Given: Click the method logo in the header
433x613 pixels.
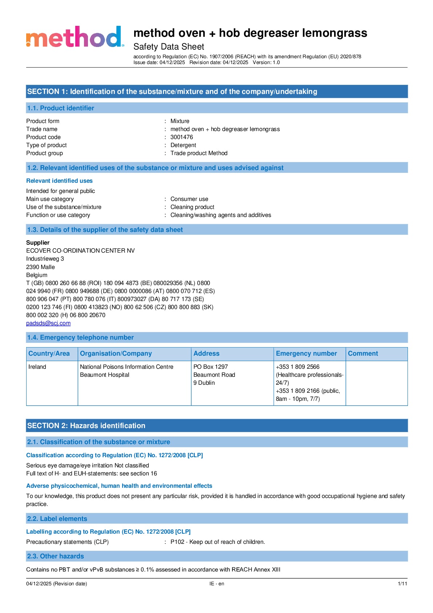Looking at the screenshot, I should point(75,37).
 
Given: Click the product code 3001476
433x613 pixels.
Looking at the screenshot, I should point(181,137).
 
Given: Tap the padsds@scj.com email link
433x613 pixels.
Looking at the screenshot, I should point(48,323).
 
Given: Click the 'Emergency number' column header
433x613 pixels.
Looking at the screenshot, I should point(306,353).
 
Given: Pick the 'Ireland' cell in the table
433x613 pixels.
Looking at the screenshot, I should point(37,367).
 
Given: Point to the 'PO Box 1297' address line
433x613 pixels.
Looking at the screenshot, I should point(211,367).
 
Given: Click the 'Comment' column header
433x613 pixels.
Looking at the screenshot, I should point(363,353).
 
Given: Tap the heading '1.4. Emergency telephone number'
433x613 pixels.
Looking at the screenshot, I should point(80,337).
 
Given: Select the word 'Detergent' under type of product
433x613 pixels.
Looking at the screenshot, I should point(183,145).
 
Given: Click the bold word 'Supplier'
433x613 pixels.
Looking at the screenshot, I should point(38,243).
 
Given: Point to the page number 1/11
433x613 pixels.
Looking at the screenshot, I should point(402,584).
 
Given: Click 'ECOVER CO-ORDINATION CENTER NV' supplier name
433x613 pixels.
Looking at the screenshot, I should point(80,251).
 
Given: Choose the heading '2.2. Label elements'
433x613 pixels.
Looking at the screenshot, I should point(57,519).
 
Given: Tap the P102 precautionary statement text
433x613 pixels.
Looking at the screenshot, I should point(217,542).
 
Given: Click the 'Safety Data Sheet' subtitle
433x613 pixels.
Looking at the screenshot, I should point(169,47).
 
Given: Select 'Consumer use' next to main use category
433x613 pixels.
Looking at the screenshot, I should point(189,199).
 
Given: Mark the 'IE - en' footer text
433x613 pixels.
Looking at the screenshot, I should point(217,584).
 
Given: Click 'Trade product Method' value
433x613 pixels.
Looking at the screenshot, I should point(199,153).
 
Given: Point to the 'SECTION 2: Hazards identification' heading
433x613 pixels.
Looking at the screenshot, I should point(86,426).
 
